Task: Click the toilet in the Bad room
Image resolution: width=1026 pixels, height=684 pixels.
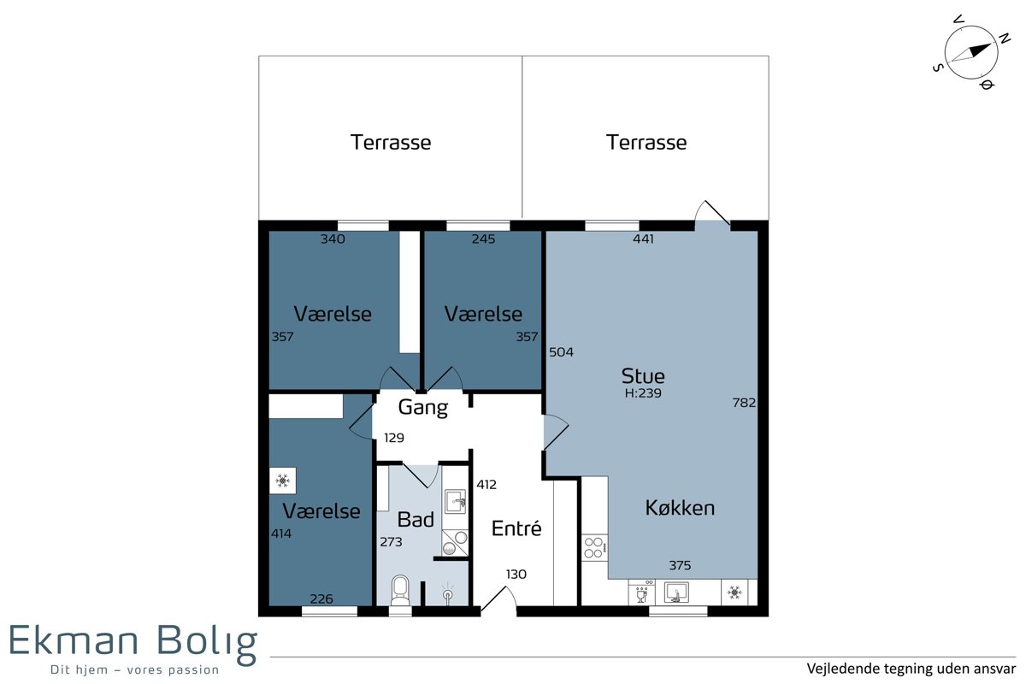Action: (400, 590)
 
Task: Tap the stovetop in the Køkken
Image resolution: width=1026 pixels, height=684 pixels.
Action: (594, 547)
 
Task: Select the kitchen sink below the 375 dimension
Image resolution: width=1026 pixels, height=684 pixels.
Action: (676, 593)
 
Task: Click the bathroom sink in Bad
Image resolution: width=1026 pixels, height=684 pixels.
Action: (455, 502)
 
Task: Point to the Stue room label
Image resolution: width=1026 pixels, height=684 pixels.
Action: (643, 376)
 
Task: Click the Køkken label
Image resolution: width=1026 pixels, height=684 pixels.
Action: (680, 508)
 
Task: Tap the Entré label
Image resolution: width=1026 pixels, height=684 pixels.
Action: (516, 528)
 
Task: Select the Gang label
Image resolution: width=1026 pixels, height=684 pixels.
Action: (422, 407)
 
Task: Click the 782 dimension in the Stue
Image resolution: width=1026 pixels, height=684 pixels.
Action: (744, 403)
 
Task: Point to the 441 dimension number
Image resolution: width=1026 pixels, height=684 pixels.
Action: (643, 239)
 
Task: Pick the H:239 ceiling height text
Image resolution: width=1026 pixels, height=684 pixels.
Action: (643, 393)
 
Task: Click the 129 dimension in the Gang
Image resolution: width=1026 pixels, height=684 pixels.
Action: (394, 438)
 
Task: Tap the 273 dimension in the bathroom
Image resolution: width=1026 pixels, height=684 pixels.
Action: (392, 542)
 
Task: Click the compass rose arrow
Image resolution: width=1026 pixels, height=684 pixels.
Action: (971, 52)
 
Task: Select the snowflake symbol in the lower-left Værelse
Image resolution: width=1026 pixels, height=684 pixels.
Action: (283, 481)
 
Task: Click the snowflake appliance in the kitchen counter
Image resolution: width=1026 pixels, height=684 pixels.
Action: (734, 593)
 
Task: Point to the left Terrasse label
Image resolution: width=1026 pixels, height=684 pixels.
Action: (391, 143)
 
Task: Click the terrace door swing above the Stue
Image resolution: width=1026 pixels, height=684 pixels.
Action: (712, 213)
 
